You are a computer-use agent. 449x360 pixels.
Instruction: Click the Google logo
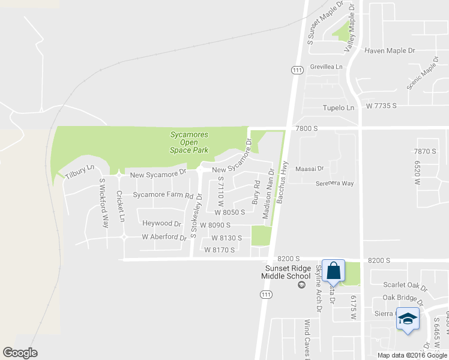coord(20,353)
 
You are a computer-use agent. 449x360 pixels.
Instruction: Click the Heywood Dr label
coord(161,223)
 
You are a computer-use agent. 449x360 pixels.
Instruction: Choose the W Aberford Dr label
coord(164,237)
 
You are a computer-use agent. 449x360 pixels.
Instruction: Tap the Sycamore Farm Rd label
coord(163,195)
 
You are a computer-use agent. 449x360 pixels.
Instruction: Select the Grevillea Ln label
coord(326,67)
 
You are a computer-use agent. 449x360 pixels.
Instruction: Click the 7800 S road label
coord(306,128)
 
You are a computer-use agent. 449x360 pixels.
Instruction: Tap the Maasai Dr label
coord(310,169)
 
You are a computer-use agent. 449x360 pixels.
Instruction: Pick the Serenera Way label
coord(335,184)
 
